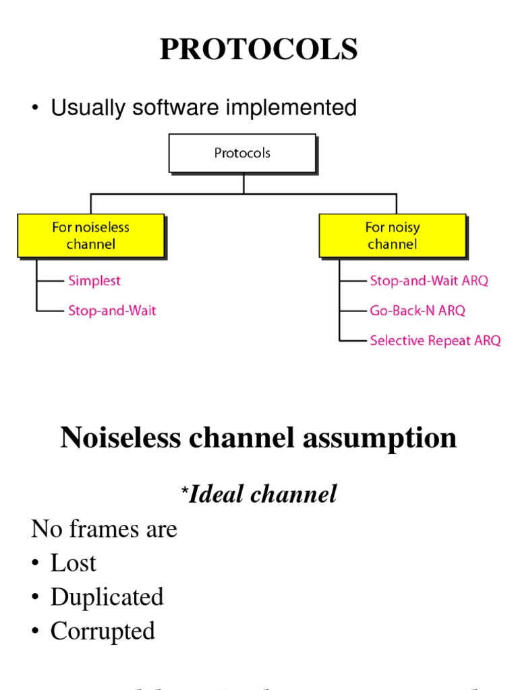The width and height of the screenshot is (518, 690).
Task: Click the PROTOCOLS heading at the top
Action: [x=258, y=50]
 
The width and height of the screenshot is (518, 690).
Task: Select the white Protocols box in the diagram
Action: [x=242, y=153]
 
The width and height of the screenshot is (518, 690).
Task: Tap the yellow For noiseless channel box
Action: [x=90, y=236]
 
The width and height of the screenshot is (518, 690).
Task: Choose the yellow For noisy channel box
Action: [x=392, y=236]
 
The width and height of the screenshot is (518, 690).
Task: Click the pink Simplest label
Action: [x=94, y=280]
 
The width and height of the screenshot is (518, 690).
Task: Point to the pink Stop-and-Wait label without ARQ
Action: [x=112, y=311]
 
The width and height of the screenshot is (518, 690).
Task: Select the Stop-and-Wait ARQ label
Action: [x=428, y=280]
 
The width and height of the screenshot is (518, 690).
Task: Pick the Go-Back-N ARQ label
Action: [x=417, y=311]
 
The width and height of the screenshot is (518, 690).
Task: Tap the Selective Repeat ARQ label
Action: [x=435, y=341]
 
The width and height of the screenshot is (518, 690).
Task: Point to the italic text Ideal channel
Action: [x=262, y=495]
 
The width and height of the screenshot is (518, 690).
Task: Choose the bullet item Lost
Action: [x=73, y=563]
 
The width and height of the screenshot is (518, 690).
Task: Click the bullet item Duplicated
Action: [x=107, y=597]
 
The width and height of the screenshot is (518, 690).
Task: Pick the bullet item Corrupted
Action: [x=103, y=631]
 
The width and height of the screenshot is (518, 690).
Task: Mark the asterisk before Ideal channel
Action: [x=183, y=494]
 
